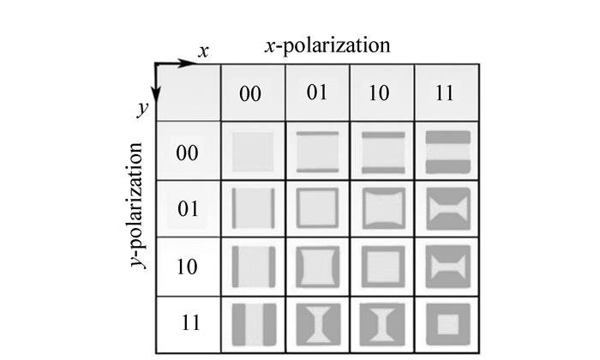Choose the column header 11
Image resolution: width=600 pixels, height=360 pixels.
coord(443,93)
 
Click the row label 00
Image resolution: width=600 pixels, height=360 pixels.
coord(187,153)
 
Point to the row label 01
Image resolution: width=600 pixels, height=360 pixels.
coord(187,208)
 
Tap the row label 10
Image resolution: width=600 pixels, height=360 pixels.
coord(187,266)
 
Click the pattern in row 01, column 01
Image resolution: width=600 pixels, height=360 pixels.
coord(318,208)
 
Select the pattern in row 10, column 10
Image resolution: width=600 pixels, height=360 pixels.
coord(382,265)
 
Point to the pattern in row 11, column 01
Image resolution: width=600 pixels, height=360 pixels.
coord(318,323)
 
